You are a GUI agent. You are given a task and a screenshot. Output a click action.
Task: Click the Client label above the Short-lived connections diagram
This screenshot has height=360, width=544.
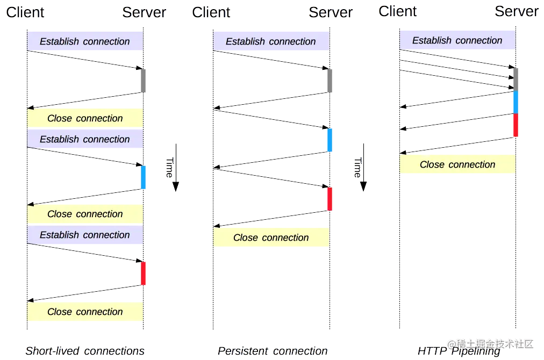tap(25, 12)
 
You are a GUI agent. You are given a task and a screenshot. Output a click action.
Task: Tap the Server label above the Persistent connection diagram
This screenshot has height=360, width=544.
tap(331, 12)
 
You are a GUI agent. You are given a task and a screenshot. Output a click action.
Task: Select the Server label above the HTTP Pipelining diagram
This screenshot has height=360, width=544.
tap(517, 11)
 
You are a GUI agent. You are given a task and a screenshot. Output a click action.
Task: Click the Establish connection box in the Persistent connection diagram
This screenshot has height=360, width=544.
tap(271, 41)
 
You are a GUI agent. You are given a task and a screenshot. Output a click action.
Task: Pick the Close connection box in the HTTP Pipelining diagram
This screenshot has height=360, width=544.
tap(457, 165)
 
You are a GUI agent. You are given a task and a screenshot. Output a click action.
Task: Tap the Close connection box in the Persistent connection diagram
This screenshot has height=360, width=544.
tap(271, 237)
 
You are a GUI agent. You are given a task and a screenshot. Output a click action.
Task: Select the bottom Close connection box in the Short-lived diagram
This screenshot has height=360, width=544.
tap(85, 312)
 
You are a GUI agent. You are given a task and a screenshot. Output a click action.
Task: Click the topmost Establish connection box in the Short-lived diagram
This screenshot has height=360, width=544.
tap(85, 41)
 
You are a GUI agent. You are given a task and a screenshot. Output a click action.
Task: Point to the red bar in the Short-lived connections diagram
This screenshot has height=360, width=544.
tap(143, 273)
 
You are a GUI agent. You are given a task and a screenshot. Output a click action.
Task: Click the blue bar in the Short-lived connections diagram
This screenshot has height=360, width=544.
tap(143, 177)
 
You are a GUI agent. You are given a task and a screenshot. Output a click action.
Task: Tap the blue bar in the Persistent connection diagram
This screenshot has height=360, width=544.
tap(330, 140)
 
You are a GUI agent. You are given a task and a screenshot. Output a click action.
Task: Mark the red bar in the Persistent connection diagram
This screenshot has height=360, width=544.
tap(330, 199)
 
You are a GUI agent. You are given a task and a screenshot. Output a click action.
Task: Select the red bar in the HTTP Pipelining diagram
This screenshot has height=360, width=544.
tap(516, 125)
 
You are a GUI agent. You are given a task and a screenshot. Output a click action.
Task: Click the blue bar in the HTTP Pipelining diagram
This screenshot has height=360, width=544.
tap(516, 102)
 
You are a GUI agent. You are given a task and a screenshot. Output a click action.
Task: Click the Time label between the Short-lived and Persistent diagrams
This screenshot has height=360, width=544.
tap(169, 168)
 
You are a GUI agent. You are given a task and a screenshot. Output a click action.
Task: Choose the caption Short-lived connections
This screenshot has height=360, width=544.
tap(85, 351)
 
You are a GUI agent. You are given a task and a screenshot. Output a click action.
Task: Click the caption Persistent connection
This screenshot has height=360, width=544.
tap(273, 351)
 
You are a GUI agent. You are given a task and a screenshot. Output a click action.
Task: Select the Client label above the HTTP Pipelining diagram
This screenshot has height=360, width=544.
tap(398, 11)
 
